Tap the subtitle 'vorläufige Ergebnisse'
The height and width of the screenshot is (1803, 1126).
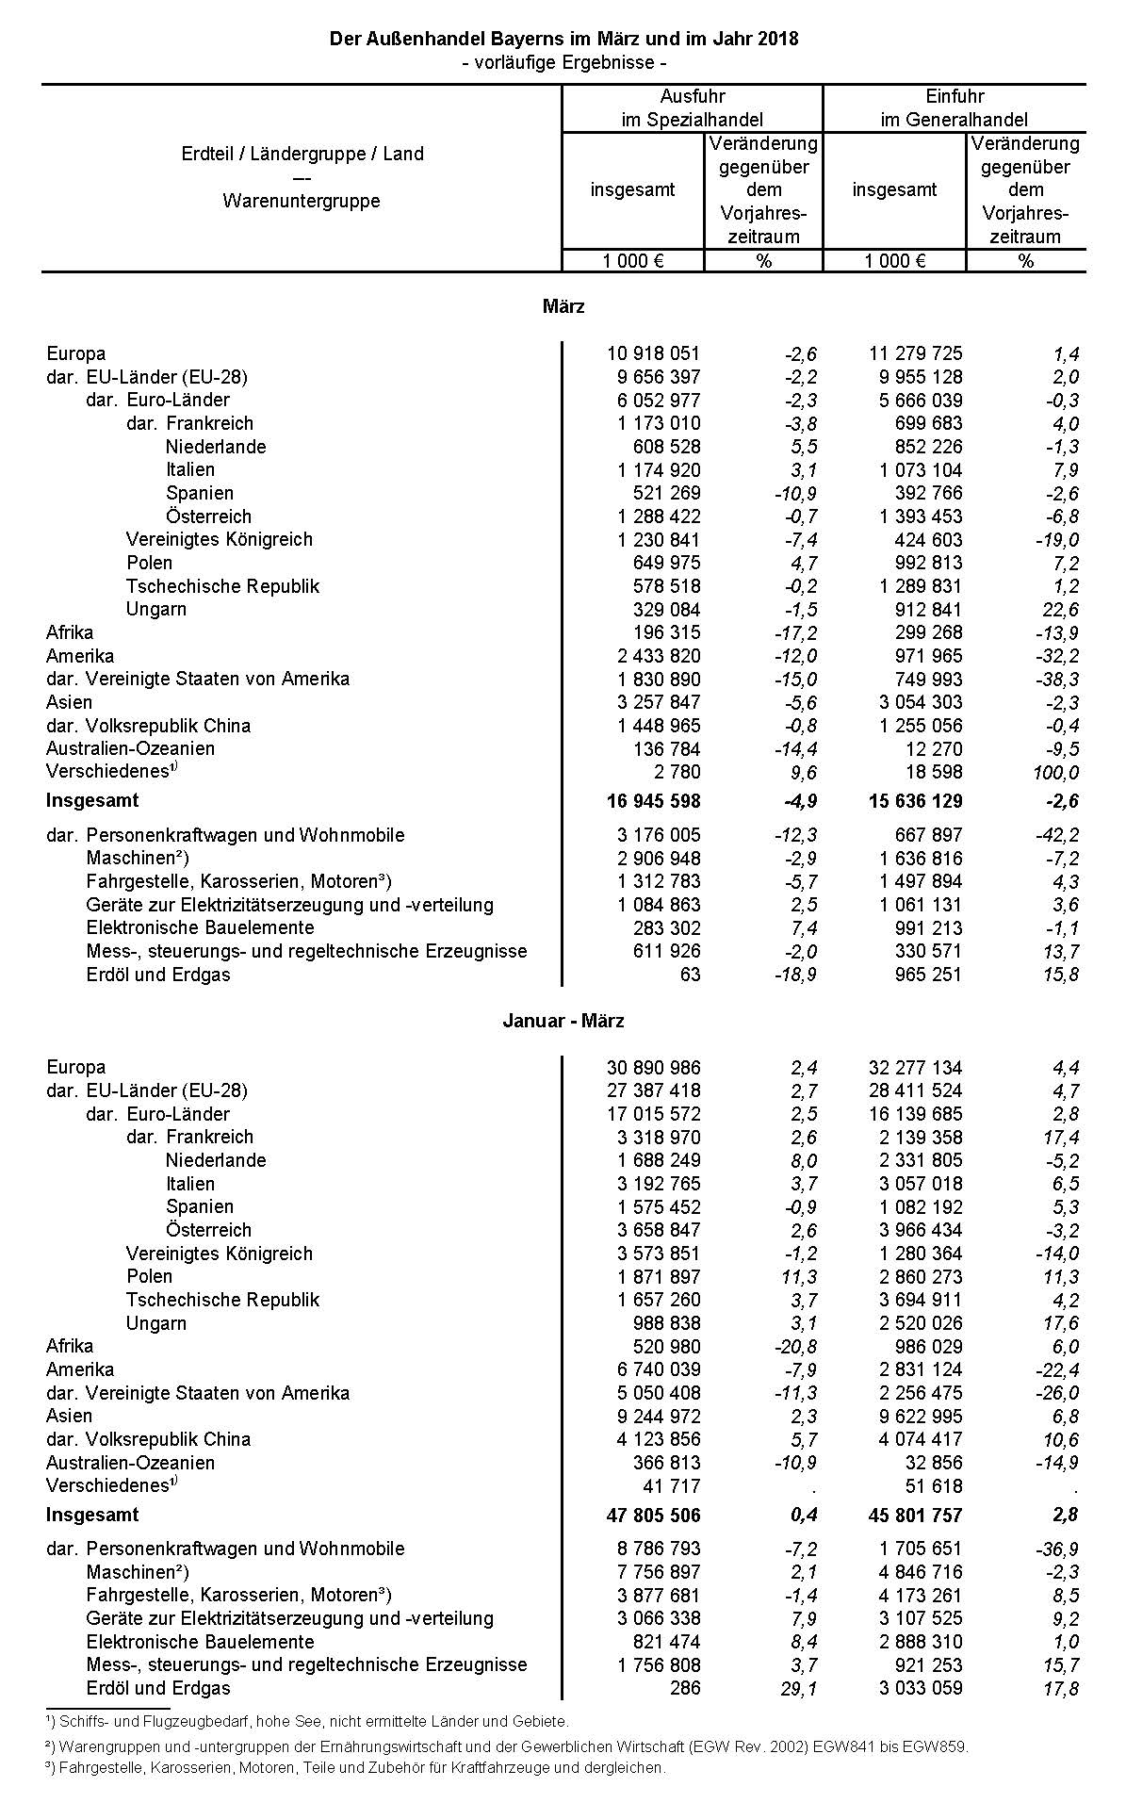(x=563, y=62)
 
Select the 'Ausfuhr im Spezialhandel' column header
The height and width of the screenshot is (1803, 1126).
(x=692, y=107)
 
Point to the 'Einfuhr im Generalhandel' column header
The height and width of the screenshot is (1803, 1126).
(x=954, y=107)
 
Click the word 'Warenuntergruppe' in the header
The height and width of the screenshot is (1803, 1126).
(x=302, y=201)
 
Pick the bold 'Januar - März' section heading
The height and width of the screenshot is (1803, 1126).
(x=563, y=1021)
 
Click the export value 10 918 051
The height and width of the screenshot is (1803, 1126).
(x=653, y=353)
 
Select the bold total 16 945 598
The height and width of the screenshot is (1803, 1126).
(x=653, y=801)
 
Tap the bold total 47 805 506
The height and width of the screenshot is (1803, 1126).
(x=653, y=1515)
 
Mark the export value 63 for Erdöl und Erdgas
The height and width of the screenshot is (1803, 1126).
(x=690, y=975)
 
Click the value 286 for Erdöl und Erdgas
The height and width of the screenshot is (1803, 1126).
(x=686, y=1688)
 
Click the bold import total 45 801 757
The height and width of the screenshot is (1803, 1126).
(x=915, y=1515)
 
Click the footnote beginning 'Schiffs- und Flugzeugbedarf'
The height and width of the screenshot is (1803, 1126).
(x=311, y=1721)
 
